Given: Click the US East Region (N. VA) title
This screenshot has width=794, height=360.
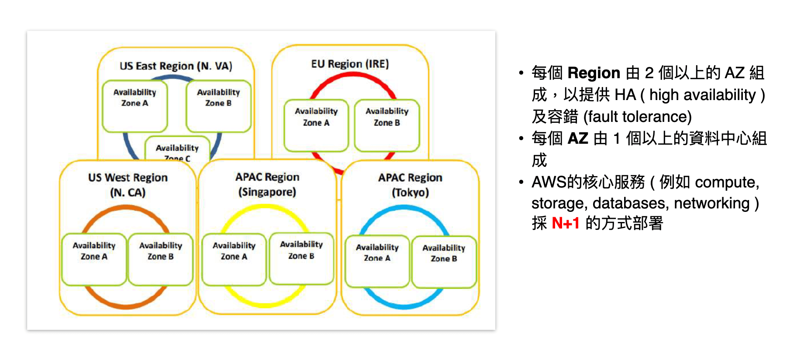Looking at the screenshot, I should coord(176,66).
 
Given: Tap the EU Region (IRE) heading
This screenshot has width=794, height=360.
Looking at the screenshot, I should coord(350,64).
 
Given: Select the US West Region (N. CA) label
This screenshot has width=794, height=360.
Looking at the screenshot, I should coord(128,185).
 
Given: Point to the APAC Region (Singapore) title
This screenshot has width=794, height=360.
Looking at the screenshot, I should coord(267,184).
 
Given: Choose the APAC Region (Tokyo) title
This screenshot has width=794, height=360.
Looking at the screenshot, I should coord(410,185).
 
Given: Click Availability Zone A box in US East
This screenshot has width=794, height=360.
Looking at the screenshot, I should coord(135,106).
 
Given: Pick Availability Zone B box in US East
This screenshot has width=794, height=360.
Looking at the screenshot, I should coord(218,106).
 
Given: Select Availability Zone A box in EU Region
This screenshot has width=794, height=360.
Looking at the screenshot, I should coord(316,125).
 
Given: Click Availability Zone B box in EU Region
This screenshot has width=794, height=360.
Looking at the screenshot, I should coord(387,125).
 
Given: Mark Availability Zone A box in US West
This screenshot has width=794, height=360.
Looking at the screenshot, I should coord(94,259).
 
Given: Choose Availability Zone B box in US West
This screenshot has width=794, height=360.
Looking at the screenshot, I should coord(161,259).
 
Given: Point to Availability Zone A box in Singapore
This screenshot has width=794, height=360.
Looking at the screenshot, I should coord(234,259).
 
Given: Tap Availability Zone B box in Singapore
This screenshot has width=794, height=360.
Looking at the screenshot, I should coord(301,258).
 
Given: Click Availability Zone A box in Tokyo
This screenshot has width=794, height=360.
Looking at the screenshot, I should coord(377,261).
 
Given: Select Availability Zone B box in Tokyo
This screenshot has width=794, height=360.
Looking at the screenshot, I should coord(444,261).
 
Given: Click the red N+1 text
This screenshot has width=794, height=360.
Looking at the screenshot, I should coord(566,223).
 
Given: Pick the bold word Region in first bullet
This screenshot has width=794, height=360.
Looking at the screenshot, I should coord(594,73).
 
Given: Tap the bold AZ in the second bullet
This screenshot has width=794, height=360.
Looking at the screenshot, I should coord(578,138).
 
